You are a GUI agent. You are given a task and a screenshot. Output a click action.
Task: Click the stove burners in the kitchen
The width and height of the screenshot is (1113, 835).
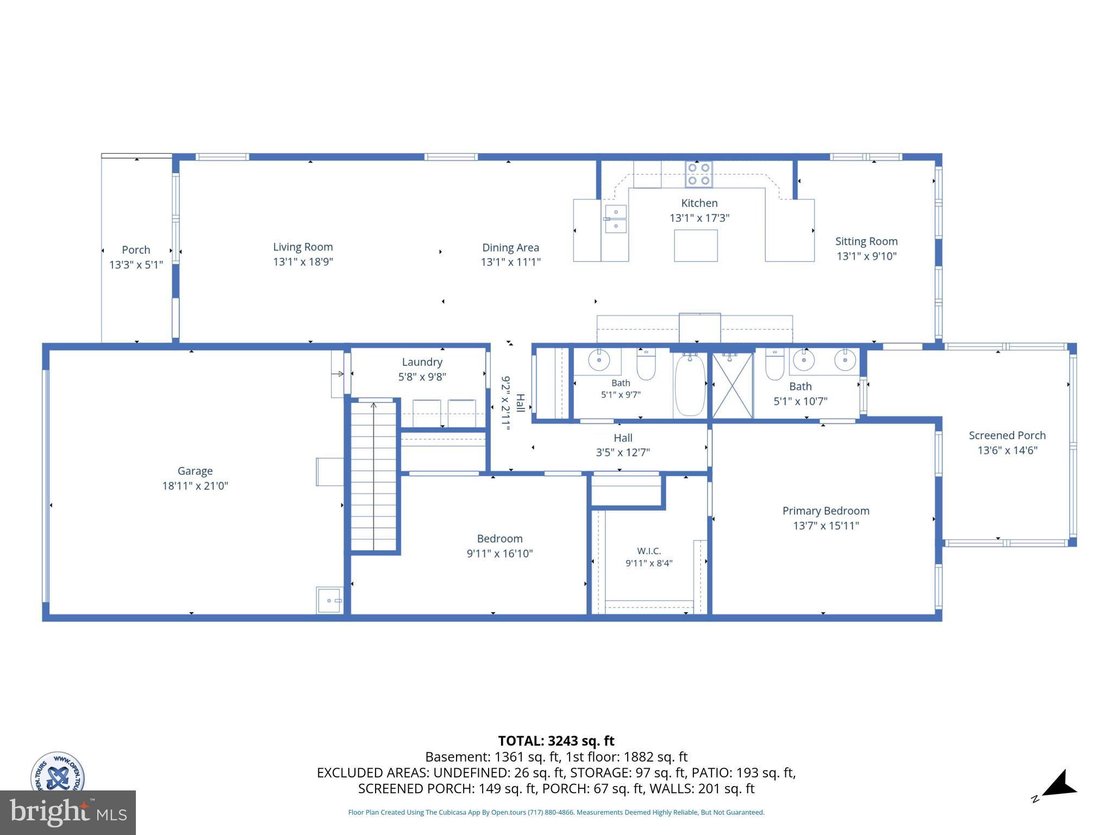(698, 174)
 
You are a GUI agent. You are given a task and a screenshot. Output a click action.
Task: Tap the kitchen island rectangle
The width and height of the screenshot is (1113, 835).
(696, 245)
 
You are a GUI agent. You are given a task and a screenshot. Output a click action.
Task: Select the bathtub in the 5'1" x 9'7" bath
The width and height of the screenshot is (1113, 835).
(690, 384)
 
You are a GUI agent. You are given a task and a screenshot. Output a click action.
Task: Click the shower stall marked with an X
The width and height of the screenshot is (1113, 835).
(732, 385)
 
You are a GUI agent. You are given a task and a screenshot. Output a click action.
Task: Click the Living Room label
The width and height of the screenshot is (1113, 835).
(303, 247)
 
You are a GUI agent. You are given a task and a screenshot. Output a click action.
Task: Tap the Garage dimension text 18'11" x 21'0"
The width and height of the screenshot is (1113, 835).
(195, 485)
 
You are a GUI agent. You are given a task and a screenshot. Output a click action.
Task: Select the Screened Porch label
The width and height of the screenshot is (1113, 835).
(1007, 435)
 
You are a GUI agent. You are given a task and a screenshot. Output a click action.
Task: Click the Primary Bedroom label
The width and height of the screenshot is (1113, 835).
(826, 511)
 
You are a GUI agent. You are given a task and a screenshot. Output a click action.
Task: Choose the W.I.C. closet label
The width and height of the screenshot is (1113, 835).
(649, 551)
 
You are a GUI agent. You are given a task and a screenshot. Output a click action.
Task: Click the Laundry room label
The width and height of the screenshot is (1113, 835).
(422, 362)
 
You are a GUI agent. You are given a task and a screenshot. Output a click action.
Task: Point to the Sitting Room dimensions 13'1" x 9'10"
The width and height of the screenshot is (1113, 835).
(866, 256)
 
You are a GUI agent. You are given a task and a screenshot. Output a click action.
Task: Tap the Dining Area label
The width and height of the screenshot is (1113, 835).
(510, 247)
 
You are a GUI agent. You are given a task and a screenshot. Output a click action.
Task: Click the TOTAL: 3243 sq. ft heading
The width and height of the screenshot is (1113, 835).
(556, 741)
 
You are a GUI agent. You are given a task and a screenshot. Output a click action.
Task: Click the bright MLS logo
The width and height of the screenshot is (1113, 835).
(68, 813)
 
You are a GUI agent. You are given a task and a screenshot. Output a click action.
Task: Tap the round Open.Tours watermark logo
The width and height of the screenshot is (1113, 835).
(58, 772)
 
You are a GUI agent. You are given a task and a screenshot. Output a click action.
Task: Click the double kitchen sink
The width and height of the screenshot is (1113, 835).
(616, 219)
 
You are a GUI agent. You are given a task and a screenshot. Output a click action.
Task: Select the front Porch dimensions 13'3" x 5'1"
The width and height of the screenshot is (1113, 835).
(136, 265)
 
